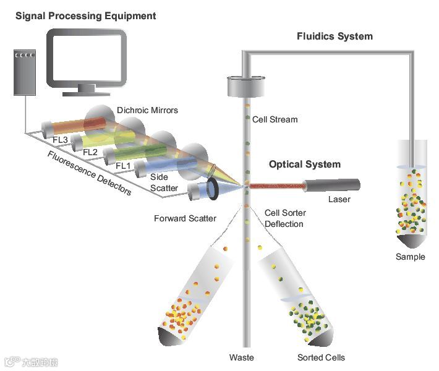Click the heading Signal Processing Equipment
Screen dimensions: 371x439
(x=85, y=15)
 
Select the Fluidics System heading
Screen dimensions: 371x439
(x=335, y=36)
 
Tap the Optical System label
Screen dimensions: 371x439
(x=304, y=164)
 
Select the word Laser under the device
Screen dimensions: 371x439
(x=339, y=200)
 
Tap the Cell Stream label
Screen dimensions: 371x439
(x=275, y=119)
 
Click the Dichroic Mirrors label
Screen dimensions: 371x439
(x=147, y=111)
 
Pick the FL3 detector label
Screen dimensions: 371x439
(x=60, y=139)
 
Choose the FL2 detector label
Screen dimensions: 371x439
(x=90, y=152)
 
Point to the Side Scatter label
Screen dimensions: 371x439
(x=164, y=182)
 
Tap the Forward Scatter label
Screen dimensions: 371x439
(x=185, y=218)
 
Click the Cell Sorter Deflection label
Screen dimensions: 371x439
(x=285, y=218)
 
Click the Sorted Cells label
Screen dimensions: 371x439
(x=321, y=357)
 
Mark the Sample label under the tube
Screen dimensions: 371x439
(x=411, y=257)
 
